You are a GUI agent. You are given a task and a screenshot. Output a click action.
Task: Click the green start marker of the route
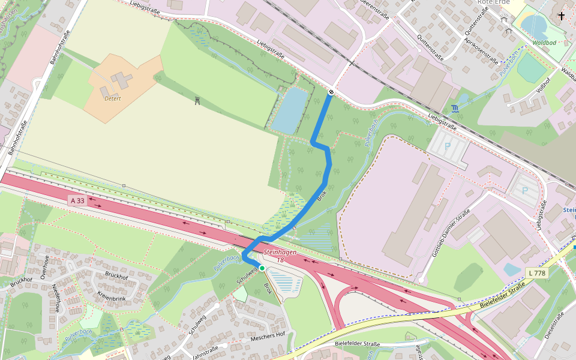click(x=262, y=268)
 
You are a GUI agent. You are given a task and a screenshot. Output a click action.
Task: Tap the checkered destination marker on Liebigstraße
click(x=331, y=92)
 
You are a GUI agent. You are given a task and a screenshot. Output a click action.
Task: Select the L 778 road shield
click(x=537, y=273)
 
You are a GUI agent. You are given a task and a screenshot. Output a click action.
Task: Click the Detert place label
click(x=113, y=98)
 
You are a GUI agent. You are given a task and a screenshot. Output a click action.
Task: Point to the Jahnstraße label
click(x=205, y=352)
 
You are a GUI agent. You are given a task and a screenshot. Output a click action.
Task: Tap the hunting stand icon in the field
click(x=197, y=101)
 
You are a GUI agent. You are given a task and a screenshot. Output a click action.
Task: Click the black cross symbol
click(x=562, y=16)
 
